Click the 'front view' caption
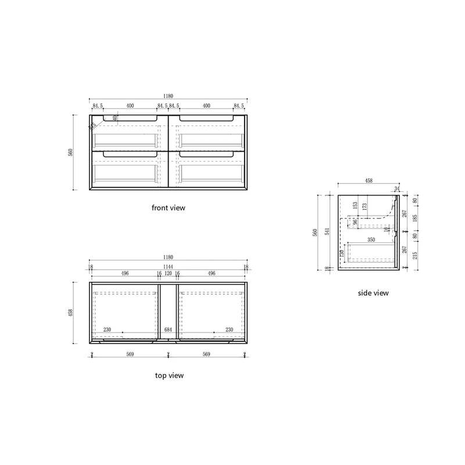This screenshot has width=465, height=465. [169, 207]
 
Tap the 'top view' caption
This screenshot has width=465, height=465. [169, 375]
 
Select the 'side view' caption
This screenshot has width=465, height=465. [373, 293]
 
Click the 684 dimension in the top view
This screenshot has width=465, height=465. [168, 330]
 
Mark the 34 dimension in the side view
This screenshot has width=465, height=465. [397, 188]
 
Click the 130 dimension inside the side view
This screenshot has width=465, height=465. [343, 253]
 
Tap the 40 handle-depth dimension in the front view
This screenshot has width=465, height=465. [116, 118]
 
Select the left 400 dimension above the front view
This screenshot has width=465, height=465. [130, 106]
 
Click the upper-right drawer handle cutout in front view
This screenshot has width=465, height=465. [206, 119]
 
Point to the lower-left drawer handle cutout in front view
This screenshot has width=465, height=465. [130, 155]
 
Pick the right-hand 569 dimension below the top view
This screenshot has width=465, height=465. [207, 355]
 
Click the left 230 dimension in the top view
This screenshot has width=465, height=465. [107, 330]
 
